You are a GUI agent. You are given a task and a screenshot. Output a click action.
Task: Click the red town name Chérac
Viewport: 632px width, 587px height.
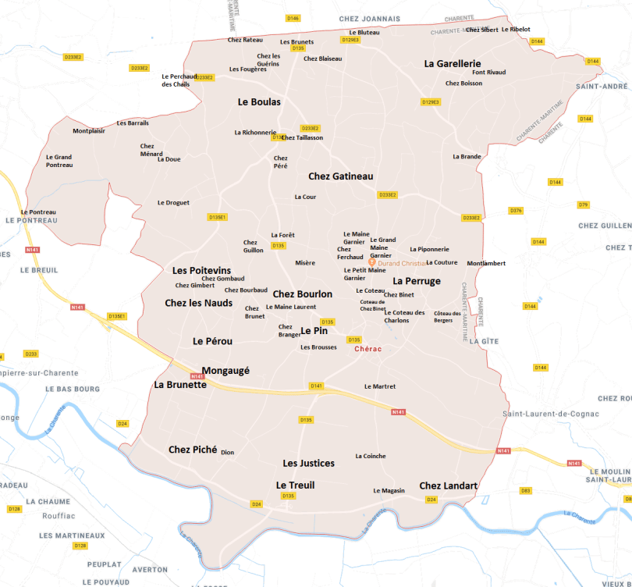367,349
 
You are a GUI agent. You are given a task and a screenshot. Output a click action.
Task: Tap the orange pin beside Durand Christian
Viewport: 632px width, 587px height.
372,263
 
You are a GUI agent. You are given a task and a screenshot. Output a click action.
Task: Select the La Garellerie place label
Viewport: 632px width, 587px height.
453,64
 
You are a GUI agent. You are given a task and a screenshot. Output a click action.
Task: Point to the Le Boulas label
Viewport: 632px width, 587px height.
259,101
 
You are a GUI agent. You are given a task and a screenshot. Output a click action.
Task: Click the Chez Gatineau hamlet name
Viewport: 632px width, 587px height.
340,176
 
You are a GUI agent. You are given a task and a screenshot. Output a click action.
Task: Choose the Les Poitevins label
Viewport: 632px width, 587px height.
201,270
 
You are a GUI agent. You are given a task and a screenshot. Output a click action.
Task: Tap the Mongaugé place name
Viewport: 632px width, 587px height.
225,371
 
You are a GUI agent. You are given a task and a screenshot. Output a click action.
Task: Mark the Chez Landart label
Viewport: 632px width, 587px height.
448,486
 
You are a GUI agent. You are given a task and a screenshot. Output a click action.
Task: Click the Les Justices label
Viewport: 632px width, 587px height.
308,464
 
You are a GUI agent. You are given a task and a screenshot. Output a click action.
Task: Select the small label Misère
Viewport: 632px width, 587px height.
305,263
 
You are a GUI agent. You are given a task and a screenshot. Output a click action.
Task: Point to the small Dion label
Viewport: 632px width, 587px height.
227,452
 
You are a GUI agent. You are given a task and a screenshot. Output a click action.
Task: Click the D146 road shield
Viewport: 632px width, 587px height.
293,18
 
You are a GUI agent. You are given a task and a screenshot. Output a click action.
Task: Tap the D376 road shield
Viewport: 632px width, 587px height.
516,211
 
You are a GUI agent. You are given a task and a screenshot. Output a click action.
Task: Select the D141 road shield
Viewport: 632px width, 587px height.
316,386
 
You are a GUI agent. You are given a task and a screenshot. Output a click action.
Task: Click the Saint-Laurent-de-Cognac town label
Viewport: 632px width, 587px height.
550,413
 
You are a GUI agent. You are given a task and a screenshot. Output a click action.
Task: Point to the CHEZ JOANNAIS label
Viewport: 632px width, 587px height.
369,18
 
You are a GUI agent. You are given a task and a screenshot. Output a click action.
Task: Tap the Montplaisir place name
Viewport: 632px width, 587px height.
89,131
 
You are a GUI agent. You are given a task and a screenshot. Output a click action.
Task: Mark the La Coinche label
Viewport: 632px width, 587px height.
370,456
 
